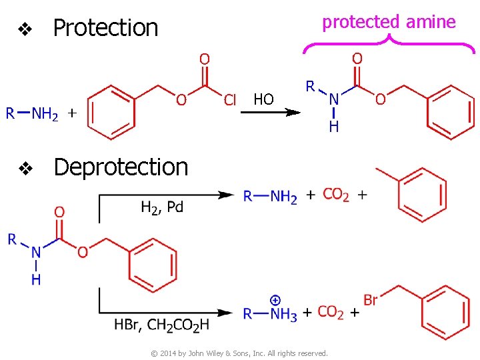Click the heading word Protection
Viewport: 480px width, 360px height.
[105, 28]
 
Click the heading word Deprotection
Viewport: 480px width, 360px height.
[121, 167]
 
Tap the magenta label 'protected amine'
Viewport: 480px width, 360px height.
[389, 22]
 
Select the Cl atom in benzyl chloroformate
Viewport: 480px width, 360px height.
[230, 100]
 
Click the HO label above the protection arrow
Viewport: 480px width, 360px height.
[263, 100]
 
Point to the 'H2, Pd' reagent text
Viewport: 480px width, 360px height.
[162, 207]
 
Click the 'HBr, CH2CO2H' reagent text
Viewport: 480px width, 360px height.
[161, 325]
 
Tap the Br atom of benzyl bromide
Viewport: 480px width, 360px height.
[371, 300]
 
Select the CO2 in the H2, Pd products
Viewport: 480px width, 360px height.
[336, 195]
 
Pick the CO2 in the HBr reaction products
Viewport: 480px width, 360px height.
[331, 312]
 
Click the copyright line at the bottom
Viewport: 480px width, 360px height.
[239, 353]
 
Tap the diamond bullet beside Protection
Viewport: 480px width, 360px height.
[25, 29]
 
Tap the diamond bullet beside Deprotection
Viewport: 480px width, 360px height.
[25, 169]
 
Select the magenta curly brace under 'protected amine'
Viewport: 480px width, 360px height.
[389, 43]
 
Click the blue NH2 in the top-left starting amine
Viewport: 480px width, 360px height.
[45, 114]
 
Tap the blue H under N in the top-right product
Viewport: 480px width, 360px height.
[334, 126]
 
